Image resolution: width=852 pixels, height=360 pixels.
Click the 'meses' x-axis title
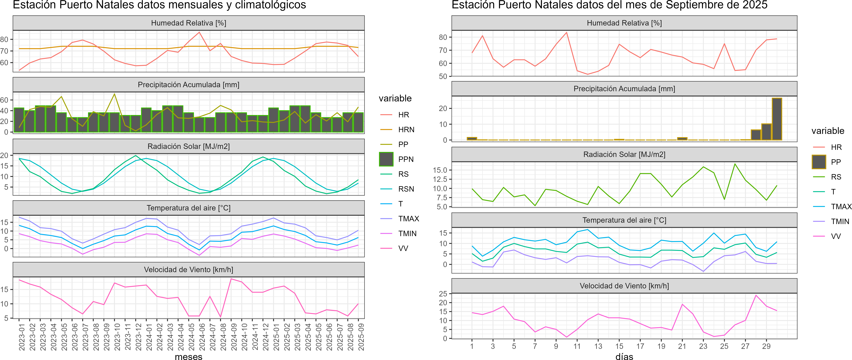point(189,356)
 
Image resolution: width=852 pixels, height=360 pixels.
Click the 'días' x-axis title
point(624,356)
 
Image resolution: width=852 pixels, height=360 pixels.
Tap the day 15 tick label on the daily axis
point(619,346)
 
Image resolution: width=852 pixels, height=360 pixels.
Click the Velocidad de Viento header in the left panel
point(189,270)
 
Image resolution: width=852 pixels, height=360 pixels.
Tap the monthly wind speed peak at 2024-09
point(231,279)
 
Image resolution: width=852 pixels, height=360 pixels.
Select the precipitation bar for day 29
point(766,132)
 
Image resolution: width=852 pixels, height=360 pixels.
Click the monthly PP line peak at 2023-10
point(114,94)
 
